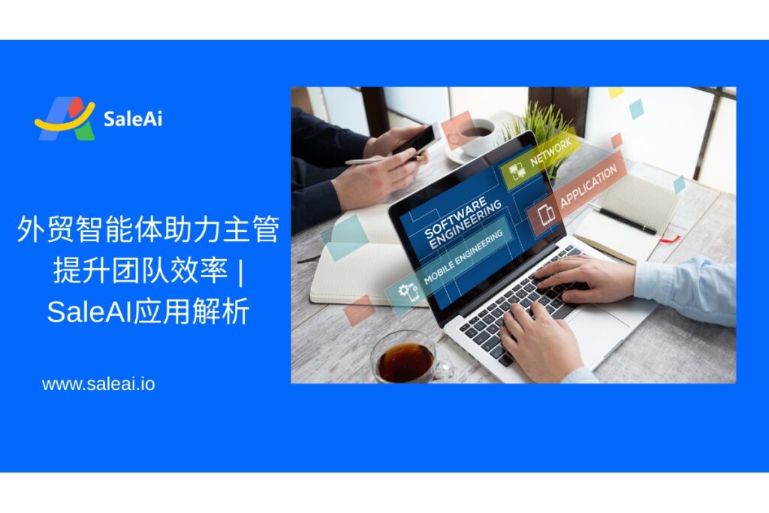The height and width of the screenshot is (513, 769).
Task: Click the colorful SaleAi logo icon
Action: pos(65,119)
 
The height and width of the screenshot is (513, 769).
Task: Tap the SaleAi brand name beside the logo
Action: pos(133,119)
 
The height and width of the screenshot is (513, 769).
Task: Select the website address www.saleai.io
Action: pos(98,384)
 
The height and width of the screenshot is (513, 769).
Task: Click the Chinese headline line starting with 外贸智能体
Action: pos(148,230)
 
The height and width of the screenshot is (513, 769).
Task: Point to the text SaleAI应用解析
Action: pos(148,311)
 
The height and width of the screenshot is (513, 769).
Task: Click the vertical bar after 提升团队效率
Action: pos(240,271)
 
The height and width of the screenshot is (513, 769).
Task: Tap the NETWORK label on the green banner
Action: pos(550,152)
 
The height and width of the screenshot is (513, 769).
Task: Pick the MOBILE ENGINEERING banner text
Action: pos(463,257)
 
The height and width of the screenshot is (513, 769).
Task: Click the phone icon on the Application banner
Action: pos(546,215)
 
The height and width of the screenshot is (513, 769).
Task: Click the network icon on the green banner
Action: pos(516,171)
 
